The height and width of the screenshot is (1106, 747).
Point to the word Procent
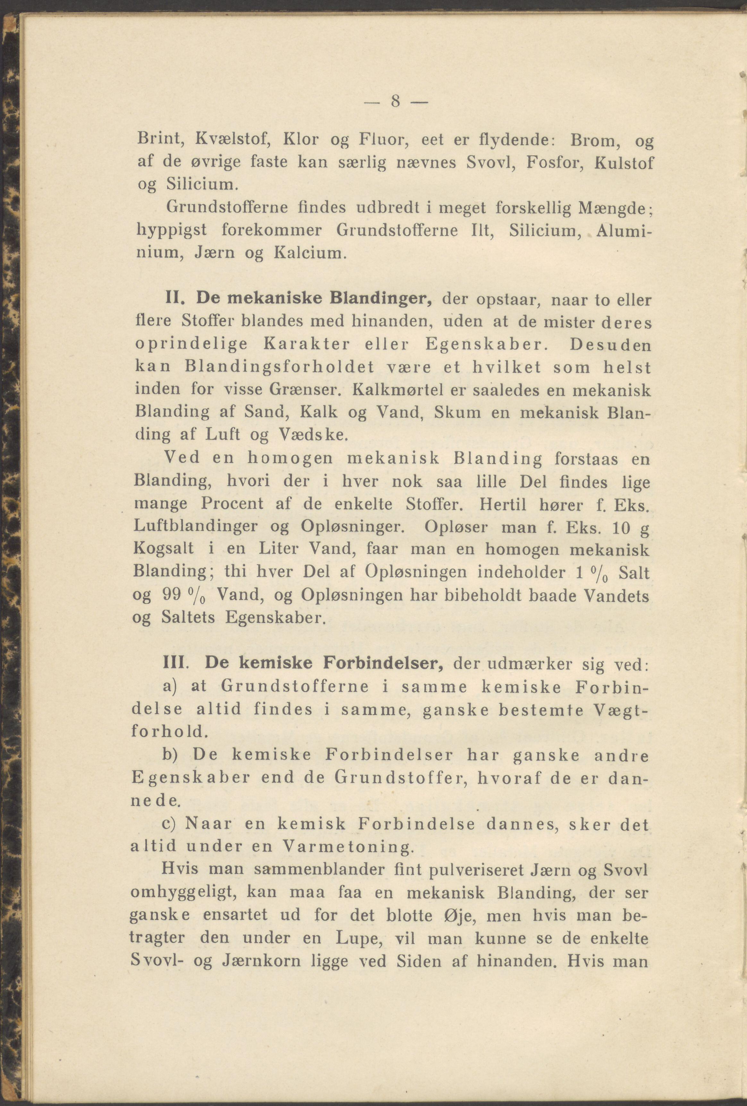[x=232, y=504]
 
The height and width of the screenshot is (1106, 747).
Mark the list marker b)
[x=170, y=756]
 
